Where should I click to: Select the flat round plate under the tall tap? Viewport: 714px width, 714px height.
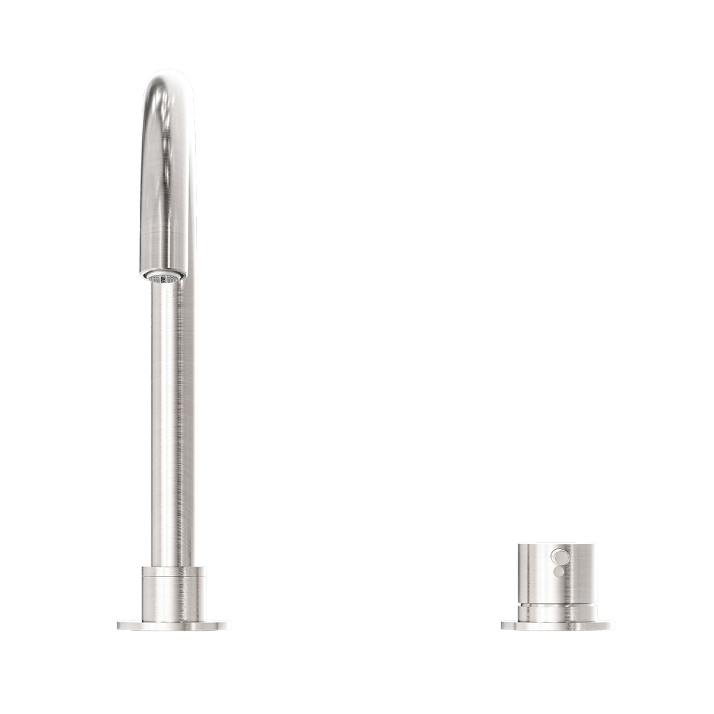click(174, 609)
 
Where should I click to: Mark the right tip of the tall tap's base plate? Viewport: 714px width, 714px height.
click(228, 609)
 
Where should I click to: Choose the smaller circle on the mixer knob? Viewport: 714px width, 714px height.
click(558, 570)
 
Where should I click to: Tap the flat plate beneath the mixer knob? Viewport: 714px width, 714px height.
click(558, 609)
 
